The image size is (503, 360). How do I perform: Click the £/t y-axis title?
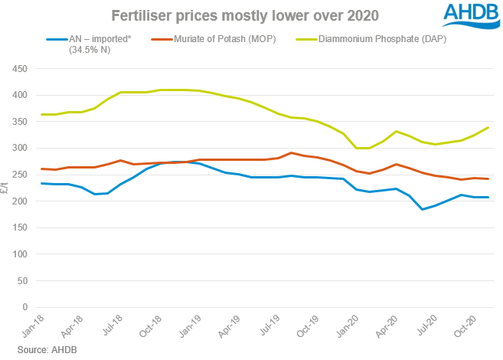(6, 188)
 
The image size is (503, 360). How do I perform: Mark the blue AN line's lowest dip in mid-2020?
(422, 209)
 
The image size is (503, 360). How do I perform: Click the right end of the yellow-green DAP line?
(488, 128)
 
